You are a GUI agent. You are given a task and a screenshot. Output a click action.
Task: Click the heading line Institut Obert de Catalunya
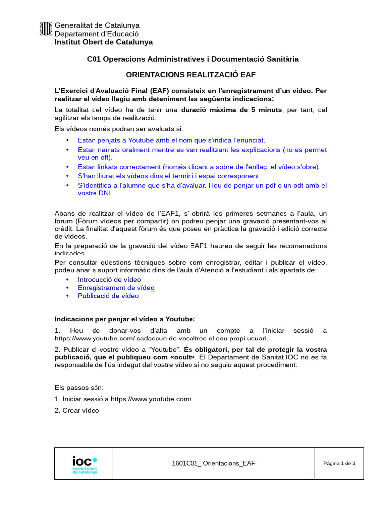click(103, 42)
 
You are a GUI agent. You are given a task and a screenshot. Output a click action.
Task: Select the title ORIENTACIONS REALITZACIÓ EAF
click(192, 75)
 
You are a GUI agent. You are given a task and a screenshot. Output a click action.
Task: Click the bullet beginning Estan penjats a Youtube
click(171, 141)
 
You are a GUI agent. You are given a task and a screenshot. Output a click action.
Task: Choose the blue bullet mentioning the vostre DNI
click(202, 189)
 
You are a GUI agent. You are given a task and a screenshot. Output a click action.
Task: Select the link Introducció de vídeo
click(109, 280)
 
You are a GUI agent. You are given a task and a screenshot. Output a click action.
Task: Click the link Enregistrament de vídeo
click(116, 288)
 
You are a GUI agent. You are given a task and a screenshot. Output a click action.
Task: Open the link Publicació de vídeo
click(108, 296)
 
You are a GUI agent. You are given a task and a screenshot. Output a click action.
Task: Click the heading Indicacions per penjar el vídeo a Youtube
click(125, 318)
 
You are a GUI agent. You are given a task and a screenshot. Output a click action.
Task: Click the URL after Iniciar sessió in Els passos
click(151, 399)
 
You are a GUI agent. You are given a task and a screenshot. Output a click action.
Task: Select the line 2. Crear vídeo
click(77, 410)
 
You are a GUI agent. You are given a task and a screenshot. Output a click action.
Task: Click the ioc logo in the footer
click(84, 463)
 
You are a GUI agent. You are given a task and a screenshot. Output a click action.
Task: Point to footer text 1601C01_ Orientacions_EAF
click(213, 463)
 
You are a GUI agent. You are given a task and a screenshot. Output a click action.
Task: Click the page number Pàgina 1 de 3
click(339, 463)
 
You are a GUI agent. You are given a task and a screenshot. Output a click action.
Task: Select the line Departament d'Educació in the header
click(96, 34)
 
